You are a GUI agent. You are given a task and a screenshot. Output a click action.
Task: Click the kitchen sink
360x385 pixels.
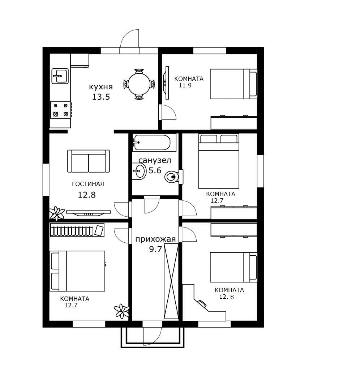pos(60,76)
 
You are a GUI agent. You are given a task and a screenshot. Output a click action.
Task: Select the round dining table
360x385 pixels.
pos(139,84)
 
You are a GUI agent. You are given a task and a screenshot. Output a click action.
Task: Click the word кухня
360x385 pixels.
pos(101,87)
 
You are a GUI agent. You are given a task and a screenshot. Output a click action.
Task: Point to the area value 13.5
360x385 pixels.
pos(101,97)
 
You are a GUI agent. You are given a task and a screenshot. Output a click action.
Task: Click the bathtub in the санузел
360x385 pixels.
pos(154,142)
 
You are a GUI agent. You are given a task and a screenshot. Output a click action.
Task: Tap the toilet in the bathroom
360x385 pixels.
pos(174,177)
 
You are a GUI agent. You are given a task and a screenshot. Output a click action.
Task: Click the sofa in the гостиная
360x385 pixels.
pos(89,161)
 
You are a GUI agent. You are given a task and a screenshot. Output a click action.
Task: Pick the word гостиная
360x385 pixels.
pos(88,184)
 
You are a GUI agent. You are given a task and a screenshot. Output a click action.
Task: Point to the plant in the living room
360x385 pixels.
pos(57,213)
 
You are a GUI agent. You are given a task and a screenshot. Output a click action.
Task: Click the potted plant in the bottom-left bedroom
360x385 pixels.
pos(122,311)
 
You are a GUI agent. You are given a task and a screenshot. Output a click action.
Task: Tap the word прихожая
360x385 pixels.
pos(155,239)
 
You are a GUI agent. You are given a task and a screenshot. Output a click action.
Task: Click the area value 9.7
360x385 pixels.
pos(155,249)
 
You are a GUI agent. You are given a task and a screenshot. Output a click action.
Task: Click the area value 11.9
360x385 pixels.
pos(185,86)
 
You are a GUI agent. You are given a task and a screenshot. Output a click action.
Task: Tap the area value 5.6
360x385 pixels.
pos(155,170)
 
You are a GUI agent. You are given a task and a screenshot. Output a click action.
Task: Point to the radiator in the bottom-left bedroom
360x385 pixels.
pos(77,230)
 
